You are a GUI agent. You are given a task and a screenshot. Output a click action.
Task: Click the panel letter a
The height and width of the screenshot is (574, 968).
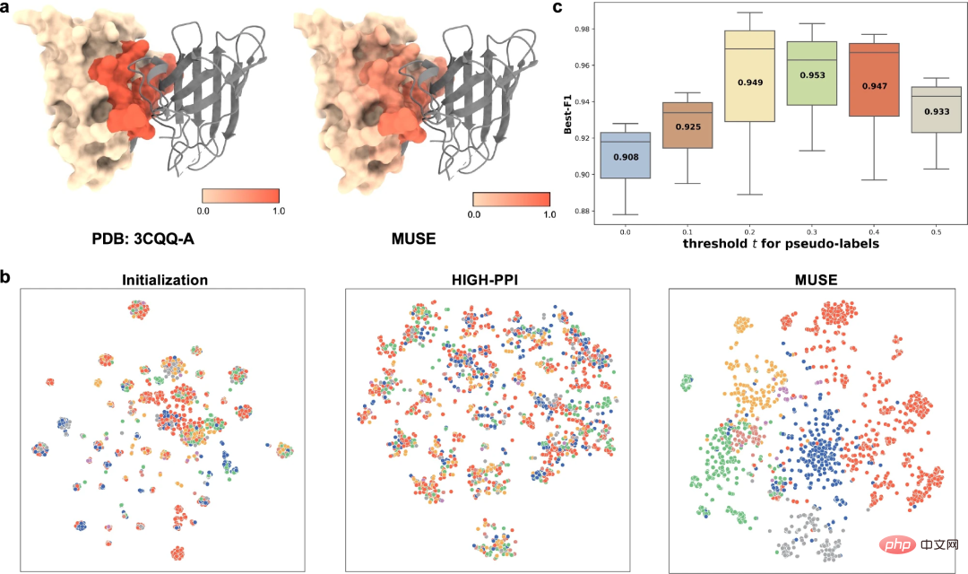[7, 8]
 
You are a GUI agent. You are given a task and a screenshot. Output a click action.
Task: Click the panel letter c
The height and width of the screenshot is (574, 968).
[558, 8]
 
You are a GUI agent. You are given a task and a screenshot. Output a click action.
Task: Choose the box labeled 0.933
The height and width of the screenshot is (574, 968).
[924, 109]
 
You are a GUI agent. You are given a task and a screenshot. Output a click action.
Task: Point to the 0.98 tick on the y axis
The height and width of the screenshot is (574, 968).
[584, 30]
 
